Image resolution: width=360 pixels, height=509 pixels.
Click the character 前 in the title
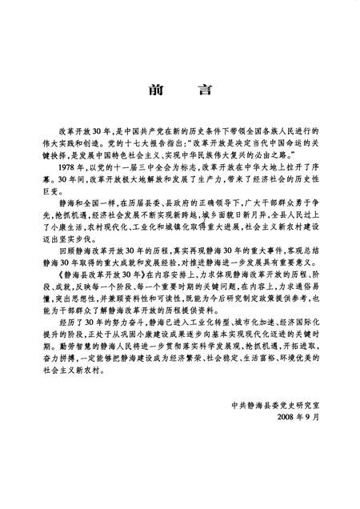[x=157, y=89]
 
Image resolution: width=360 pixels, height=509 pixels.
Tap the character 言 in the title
[x=204, y=89]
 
